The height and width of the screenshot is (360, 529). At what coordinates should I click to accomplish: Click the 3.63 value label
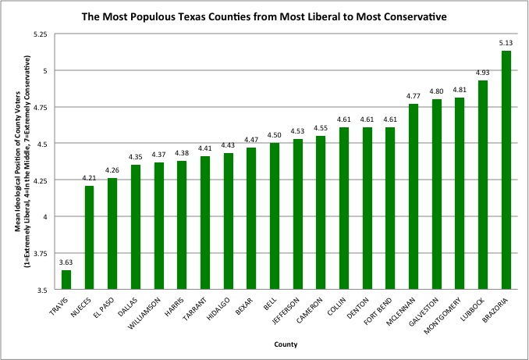(66, 263)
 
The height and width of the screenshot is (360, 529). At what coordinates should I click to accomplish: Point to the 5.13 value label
(506, 44)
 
